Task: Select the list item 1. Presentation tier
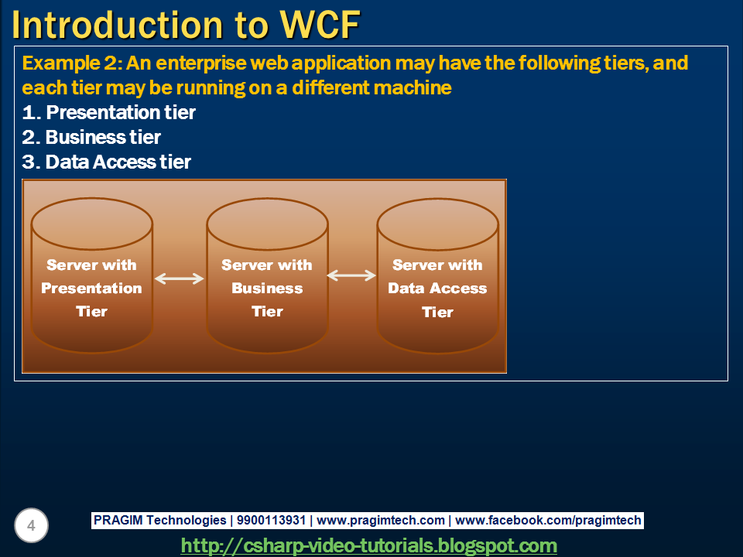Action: pyautogui.click(x=109, y=112)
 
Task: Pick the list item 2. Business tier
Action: pyautogui.click(x=91, y=137)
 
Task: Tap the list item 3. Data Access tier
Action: pyautogui.click(x=107, y=162)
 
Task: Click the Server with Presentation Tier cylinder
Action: pyautogui.click(x=91, y=288)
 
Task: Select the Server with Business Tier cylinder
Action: pyautogui.click(x=267, y=288)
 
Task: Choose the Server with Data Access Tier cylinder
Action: pyautogui.click(x=437, y=288)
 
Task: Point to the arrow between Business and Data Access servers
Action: pyautogui.click(x=351, y=275)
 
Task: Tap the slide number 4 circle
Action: pyautogui.click(x=31, y=526)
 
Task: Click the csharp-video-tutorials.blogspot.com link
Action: pyautogui.click(x=368, y=545)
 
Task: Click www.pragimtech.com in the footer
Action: pyautogui.click(x=381, y=521)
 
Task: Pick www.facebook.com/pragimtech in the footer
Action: pyautogui.click(x=548, y=521)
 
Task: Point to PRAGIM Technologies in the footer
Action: pyautogui.click(x=159, y=521)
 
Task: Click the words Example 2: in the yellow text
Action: pyautogui.click(x=70, y=63)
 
